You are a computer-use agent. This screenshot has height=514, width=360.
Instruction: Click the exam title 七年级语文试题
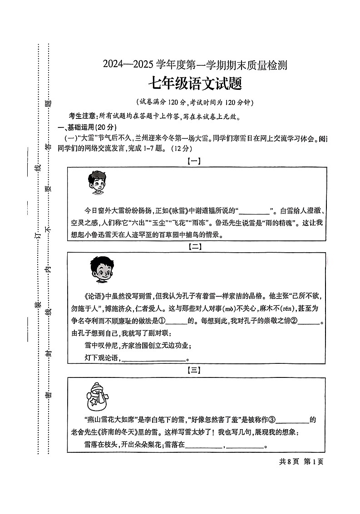coord(195,84)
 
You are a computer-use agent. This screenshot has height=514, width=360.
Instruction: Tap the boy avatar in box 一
coord(96,183)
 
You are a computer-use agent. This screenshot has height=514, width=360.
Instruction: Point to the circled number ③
coord(271,420)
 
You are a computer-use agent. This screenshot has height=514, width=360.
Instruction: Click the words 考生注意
coord(83,117)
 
